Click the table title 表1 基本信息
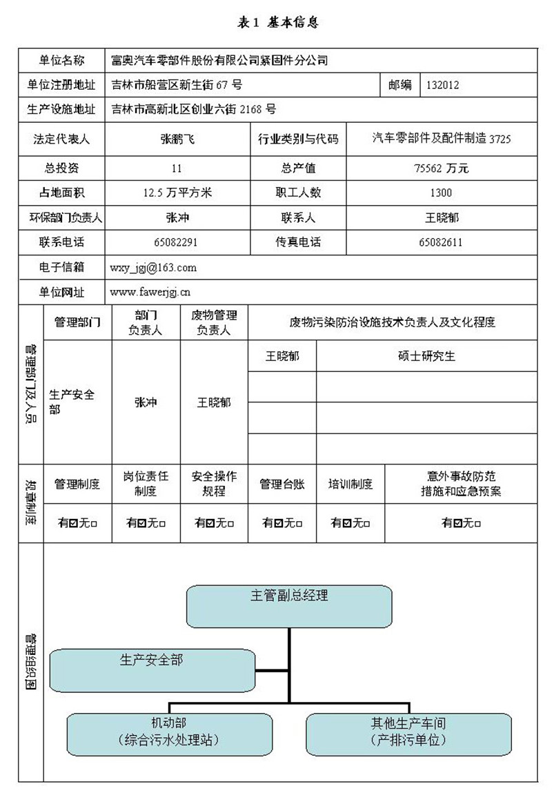pyautogui.click(x=277, y=23)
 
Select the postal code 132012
pyautogui.click(x=443, y=86)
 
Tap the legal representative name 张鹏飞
pyautogui.click(x=177, y=139)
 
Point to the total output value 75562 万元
pyautogui.click(x=441, y=168)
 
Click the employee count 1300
pyautogui.click(x=441, y=193)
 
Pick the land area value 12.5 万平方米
pyautogui.click(x=177, y=193)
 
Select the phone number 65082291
pyautogui.click(x=177, y=243)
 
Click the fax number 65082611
pyautogui.click(x=441, y=243)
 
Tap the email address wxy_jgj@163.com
pyautogui.click(x=153, y=268)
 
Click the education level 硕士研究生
pyautogui.click(x=426, y=357)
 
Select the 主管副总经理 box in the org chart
pyautogui.click(x=289, y=605)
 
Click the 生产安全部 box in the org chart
pyautogui.click(x=152, y=669)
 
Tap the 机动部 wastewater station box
pyautogui.click(x=169, y=733)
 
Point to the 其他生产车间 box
pyautogui.click(x=408, y=733)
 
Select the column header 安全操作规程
pyautogui.click(x=214, y=484)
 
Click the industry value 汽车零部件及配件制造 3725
pyautogui.click(x=442, y=139)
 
